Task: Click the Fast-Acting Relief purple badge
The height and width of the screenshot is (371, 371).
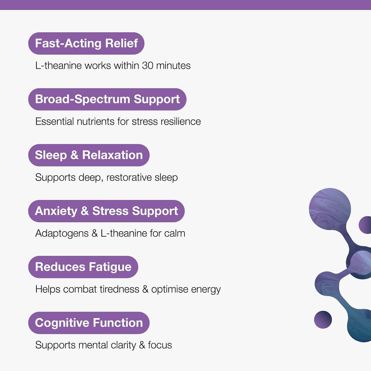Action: point(86,43)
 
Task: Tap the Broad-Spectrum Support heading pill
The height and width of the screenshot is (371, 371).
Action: point(107,99)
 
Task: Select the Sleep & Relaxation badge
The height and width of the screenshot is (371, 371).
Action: point(89,155)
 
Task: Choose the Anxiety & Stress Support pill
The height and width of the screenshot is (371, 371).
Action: point(106,211)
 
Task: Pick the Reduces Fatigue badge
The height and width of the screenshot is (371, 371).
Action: point(83,267)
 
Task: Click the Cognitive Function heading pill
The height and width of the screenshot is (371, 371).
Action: point(89,323)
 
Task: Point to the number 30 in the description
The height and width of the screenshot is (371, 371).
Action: point(147,66)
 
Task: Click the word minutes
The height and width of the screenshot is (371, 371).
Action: point(173,66)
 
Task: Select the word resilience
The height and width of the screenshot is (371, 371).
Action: point(181,121)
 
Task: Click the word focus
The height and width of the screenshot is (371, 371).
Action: point(160,345)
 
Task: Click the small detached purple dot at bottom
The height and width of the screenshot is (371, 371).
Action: point(323,319)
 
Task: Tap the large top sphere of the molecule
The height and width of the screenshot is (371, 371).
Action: point(330,209)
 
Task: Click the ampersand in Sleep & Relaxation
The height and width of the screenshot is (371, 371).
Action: point(74,155)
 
